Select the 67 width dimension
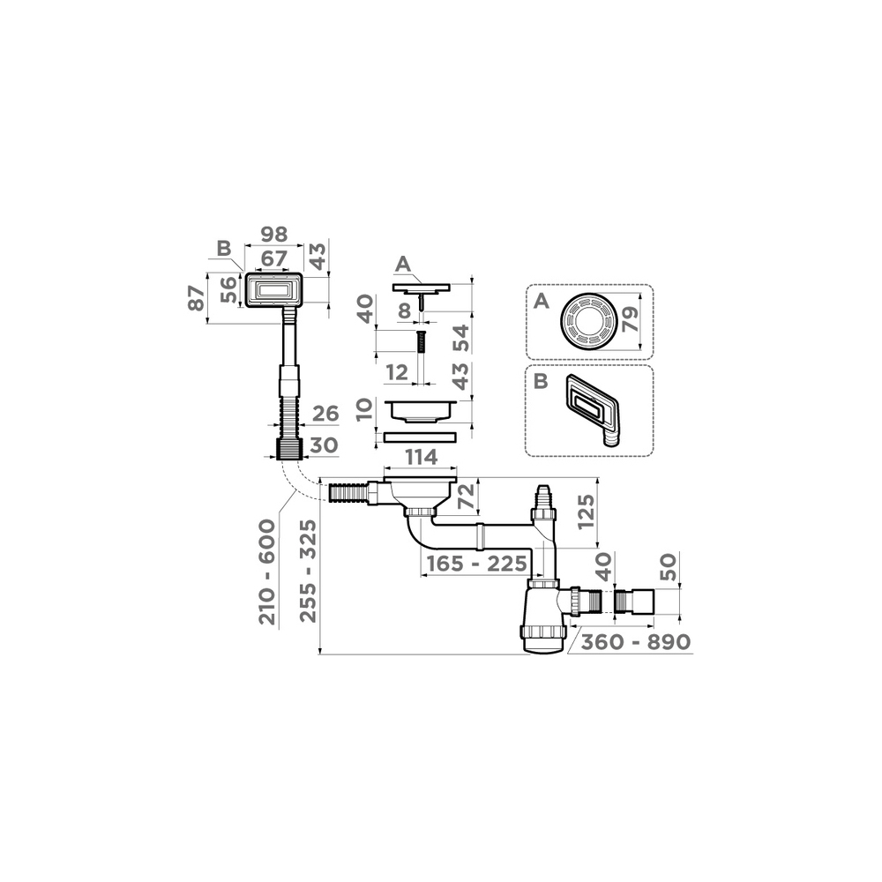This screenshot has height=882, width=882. tap(273, 260)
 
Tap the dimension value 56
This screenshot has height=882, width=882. tap(228, 290)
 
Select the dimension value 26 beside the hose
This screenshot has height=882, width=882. tap(325, 414)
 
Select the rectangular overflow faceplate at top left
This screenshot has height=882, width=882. tap(273, 289)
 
